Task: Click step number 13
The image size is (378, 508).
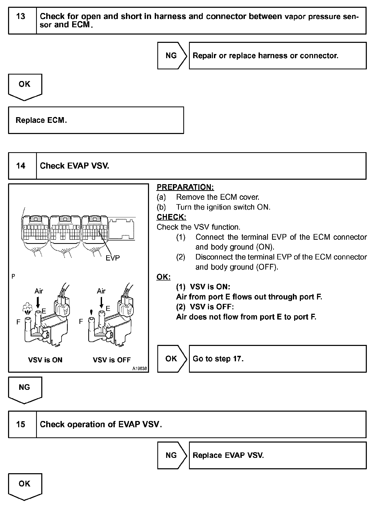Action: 21,17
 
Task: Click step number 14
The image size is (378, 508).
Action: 21,166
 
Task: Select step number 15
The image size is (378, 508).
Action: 21,424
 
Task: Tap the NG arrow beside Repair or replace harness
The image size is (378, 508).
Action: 171,56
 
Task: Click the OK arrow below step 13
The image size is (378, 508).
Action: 25,86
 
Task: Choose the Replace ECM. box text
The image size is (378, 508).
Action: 41,120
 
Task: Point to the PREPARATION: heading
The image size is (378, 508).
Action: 185,187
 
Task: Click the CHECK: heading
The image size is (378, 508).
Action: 171,217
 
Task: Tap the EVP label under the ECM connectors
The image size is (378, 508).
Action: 113,258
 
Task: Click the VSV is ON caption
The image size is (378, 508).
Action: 45,360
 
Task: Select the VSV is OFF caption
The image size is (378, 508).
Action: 112,360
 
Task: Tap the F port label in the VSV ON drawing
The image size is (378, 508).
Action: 18,322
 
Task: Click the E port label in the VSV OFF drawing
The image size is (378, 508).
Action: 108,309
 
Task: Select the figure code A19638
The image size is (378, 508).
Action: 139,369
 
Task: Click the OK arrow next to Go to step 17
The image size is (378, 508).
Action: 171,359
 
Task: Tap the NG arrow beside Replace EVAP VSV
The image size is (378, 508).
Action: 171,455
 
